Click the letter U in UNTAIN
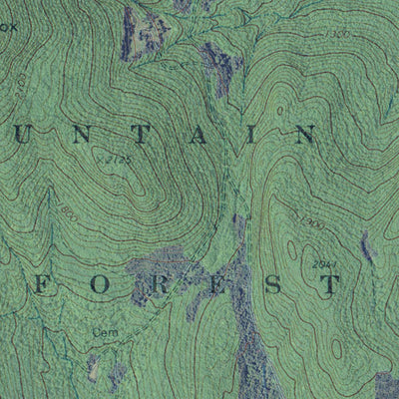(x=22, y=134)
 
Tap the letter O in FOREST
(x=97, y=284)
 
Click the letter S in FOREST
(x=269, y=284)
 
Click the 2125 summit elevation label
(x=118, y=158)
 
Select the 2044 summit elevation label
(x=322, y=262)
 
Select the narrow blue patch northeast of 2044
(x=366, y=245)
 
